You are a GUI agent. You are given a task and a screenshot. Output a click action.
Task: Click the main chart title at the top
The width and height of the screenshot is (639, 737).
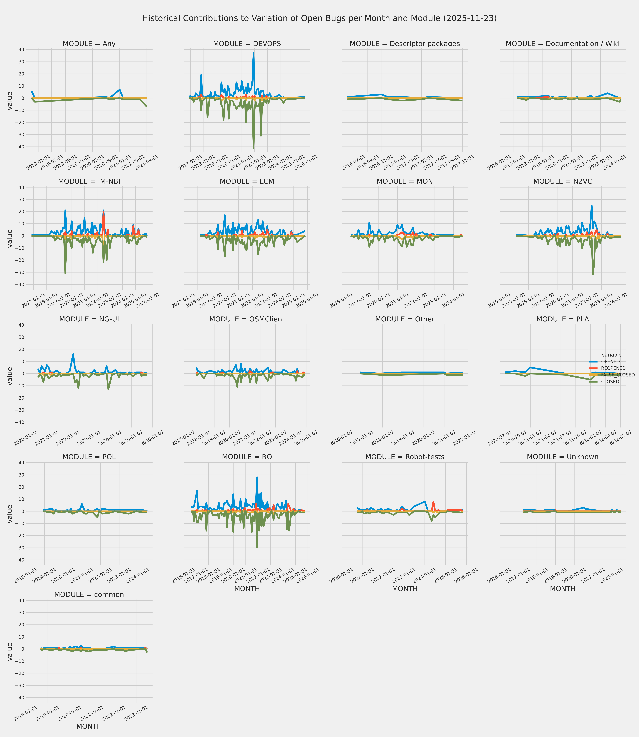click(x=319, y=18)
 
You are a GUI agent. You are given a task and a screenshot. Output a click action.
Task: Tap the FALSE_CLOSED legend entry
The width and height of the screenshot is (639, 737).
click(x=618, y=375)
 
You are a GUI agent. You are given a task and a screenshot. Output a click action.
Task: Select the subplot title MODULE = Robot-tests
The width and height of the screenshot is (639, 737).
click(x=405, y=457)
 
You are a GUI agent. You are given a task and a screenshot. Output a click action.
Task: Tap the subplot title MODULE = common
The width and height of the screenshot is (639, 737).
click(x=89, y=595)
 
